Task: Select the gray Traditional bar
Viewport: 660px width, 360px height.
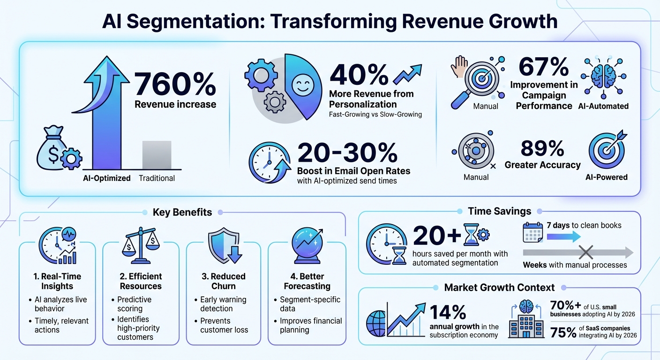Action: [x=157, y=155]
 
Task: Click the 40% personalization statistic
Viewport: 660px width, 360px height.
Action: [x=359, y=74]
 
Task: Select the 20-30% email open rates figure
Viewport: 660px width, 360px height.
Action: [x=347, y=153]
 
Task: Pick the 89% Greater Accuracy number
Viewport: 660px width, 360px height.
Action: [x=542, y=149]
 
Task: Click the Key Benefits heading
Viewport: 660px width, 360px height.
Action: [x=182, y=212]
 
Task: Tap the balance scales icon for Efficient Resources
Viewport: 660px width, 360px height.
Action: [x=140, y=245]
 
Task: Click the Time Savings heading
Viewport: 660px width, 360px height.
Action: [x=499, y=211]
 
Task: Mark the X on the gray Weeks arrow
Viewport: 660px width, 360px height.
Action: [x=585, y=253]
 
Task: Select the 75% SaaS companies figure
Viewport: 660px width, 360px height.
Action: [x=563, y=332]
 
